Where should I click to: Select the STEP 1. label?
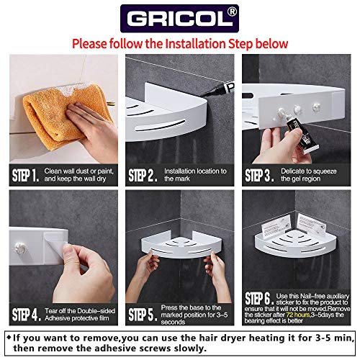pyautogui.click(x=30, y=174)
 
